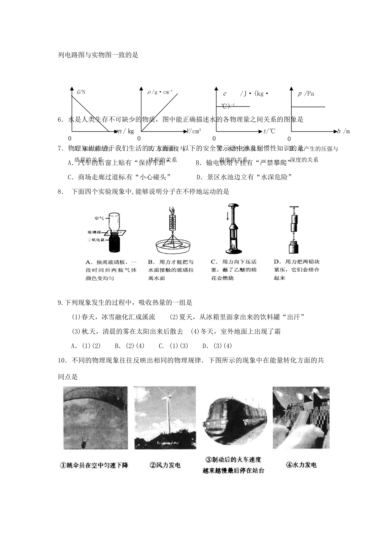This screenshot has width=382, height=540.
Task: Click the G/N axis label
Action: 81,92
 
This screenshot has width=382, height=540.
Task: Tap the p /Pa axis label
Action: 306,94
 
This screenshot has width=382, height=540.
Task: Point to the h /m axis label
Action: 344,131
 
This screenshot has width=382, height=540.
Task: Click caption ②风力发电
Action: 165,465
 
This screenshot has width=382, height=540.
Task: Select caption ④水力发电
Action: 301,465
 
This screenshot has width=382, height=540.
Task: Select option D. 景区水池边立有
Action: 244,177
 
